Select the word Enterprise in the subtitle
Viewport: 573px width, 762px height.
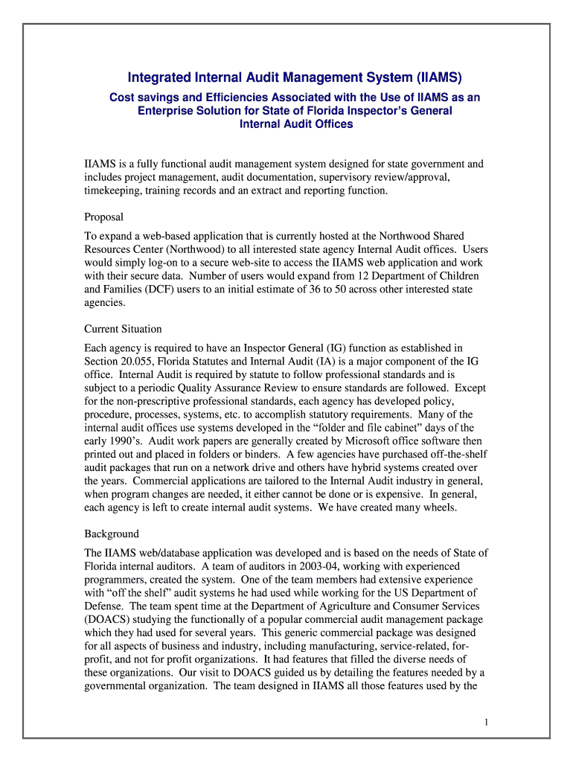pyautogui.click(x=164, y=110)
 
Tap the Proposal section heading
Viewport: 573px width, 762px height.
pyautogui.click(x=103, y=217)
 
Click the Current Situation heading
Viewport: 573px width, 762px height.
pyautogui.click(x=123, y=329)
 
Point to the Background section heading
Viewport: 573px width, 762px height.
pyautogui.click(x=112, y=534)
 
